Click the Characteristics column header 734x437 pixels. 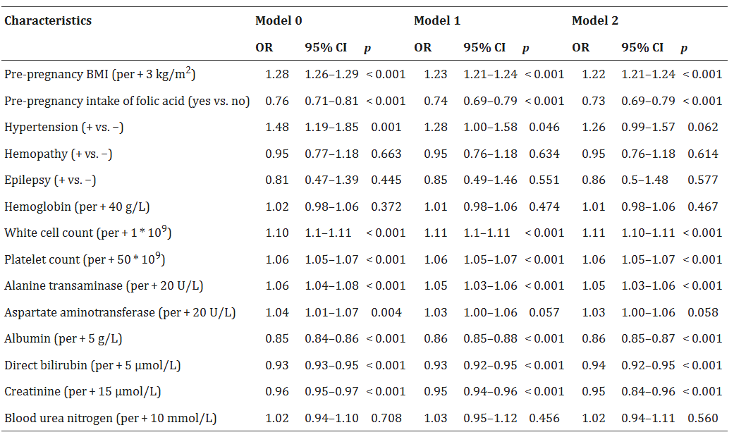[48, 20]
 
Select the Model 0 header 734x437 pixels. [279, 20]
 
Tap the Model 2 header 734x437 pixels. [595, 20]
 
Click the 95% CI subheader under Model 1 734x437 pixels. [484, 48]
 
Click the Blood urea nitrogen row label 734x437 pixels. [110, 419]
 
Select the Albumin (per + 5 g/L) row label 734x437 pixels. [63, 339]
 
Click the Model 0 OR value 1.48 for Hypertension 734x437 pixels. [277, 128]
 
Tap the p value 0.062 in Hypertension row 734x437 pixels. [703, 128]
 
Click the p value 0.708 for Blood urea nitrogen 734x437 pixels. [386, 419]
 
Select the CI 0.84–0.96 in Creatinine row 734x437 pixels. [648, 392]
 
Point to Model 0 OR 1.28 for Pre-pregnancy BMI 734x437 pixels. [277, 74]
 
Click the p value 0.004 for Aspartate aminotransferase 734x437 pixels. [386, 312]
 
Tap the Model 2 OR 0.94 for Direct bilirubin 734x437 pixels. [594, 365]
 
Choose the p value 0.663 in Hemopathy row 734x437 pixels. [386, 154]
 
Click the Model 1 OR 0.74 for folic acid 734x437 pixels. [436, 101]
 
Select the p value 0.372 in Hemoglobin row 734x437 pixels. [386, 207]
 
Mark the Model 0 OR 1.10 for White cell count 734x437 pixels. [277, 233]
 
